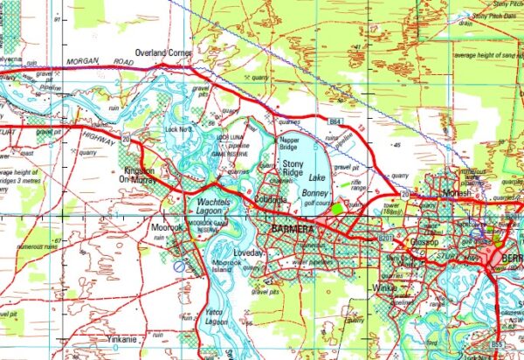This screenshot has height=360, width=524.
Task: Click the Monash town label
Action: (432, 191)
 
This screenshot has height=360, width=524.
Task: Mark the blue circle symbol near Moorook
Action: (178, 265)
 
